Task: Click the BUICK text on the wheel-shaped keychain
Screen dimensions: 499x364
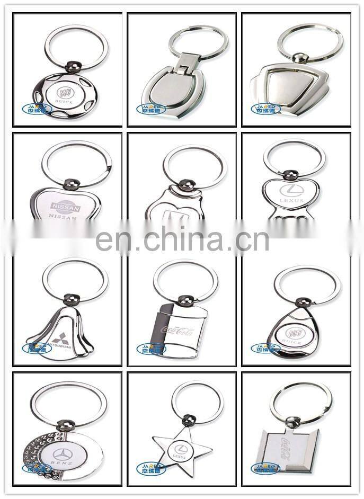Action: coord(64,102)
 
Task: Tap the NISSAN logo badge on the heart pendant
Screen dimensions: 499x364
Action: coord(65,208)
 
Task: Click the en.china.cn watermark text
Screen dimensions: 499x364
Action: coord(182,239)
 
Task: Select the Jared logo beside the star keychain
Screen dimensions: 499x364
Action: coord(151,468)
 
